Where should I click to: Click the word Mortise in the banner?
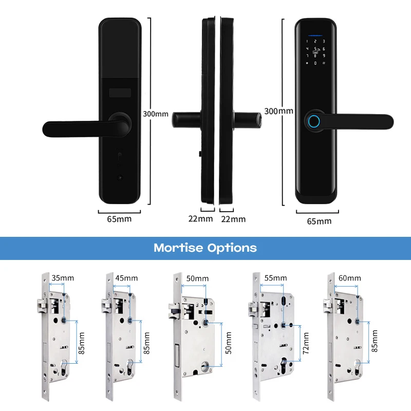[x=178, y=248]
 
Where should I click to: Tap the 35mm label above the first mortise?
[x=63, y=278]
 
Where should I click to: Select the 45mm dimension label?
[x=127, y=278]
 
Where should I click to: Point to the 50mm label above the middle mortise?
[x=198, y=278]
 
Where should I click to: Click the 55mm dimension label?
[x=275, y=278]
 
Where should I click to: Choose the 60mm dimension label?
[x=350, y=278]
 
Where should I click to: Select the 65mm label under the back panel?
[x=119, y=219]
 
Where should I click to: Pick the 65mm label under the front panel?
[x=319, y=221]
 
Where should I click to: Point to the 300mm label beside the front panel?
[x=278, y=110]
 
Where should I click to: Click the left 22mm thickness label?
[x=200, y=219]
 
